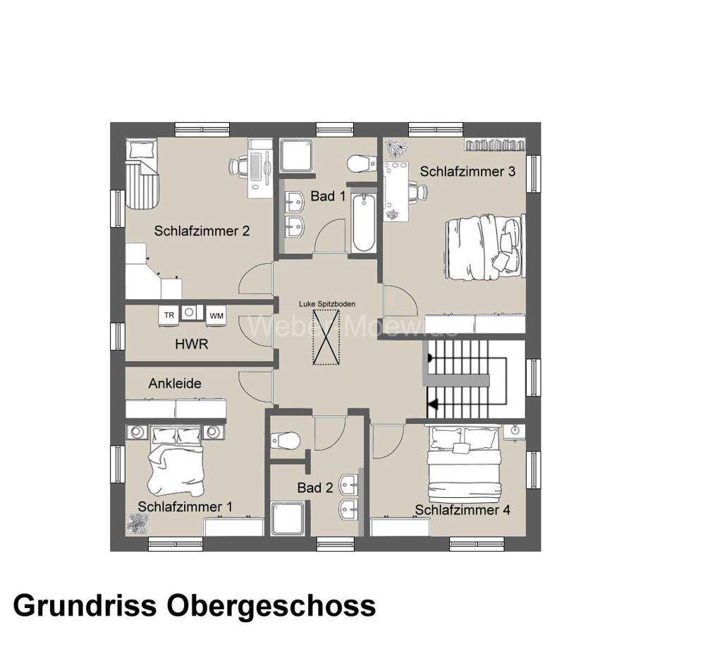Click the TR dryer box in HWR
click(169, 315)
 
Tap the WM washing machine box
click(216, 315)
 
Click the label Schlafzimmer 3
click(467, 171)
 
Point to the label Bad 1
click(328, 196)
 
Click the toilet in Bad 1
click(362, 164)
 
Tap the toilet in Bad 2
click(286, 441)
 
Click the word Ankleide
click(175, 384)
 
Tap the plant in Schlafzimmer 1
click(136, 523)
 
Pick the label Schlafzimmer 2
click(202, 231)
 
